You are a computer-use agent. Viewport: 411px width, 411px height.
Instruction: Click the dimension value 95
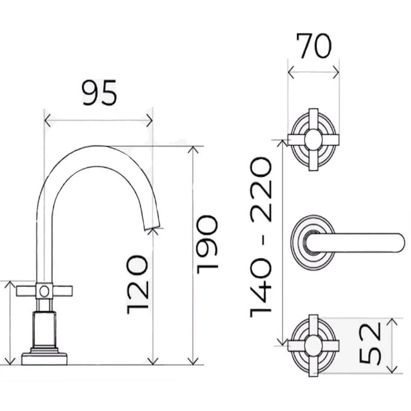coord(99,93)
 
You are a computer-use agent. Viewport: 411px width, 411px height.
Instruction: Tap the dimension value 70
coord(314,46)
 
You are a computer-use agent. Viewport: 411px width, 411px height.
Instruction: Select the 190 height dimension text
coord(208,245)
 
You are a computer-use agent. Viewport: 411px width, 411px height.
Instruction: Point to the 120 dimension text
coord(137,285)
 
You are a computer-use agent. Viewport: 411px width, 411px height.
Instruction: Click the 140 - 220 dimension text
coord(260,238)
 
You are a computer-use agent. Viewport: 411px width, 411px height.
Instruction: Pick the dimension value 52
coord(370,344)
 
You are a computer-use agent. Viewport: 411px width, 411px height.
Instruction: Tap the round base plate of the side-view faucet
coord(44,359)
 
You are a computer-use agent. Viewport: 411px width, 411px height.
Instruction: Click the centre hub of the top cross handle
coord(313,139)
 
